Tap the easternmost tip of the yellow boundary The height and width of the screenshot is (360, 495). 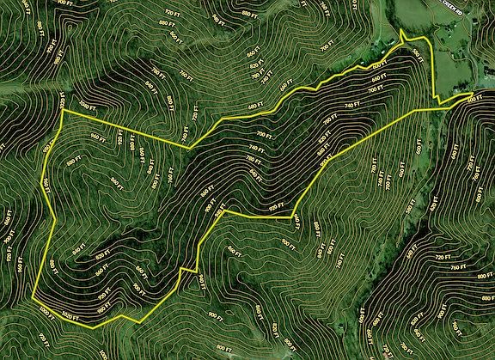click(474, 93)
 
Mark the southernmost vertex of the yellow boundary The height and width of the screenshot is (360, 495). click(92, 327)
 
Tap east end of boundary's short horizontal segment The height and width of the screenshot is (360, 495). click(293, 218)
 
